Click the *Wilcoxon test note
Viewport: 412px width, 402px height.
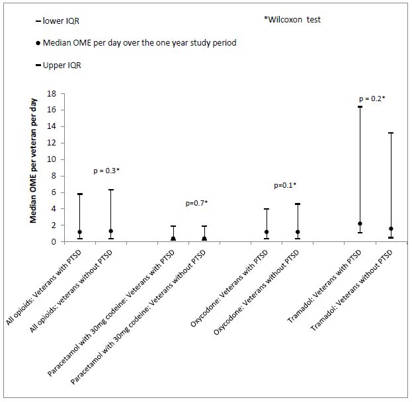[292, 20]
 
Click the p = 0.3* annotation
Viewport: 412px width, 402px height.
[106, 171]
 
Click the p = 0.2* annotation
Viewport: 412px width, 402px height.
[371, 98]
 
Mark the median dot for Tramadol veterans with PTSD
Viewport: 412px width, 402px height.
[360, 224]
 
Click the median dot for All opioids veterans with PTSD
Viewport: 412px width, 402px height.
[79, 232]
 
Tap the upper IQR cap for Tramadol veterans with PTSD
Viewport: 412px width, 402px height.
[360, 106]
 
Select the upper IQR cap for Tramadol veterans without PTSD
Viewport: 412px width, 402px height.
[391, 133]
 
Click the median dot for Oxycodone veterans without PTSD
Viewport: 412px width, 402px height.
[298, 232]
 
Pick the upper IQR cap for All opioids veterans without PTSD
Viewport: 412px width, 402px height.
[111, 190]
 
